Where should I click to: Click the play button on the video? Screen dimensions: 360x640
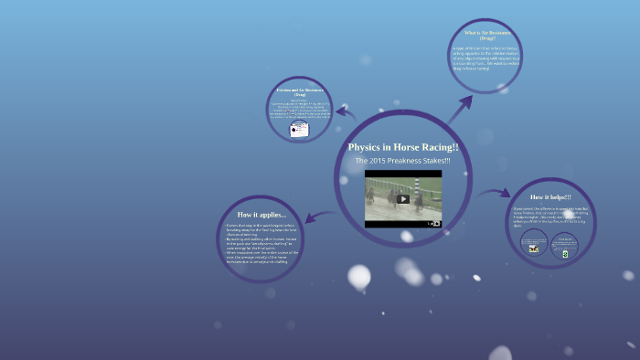pyautogui.click(x=403, y=198)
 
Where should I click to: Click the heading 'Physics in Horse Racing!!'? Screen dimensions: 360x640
pyautogui.click(x=403, y=147)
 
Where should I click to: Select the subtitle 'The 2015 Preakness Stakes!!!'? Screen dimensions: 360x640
pyautogui.click(x=403, y=161)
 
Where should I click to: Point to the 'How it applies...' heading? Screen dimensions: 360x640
pyautogui.click(x=262, y=214)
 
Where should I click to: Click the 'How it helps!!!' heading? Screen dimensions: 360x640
pyautogui.click(x=550, y=196)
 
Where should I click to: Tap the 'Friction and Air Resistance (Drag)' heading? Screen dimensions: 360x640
pyautogui.click(x=301, y=93)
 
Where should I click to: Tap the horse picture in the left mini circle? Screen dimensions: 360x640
pyautogui.click(x=534, y=247)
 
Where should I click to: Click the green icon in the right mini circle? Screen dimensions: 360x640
pyautogui.click(x=565, y=255)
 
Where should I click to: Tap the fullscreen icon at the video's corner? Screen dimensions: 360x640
pyautogui.click(x=436, y=222)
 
